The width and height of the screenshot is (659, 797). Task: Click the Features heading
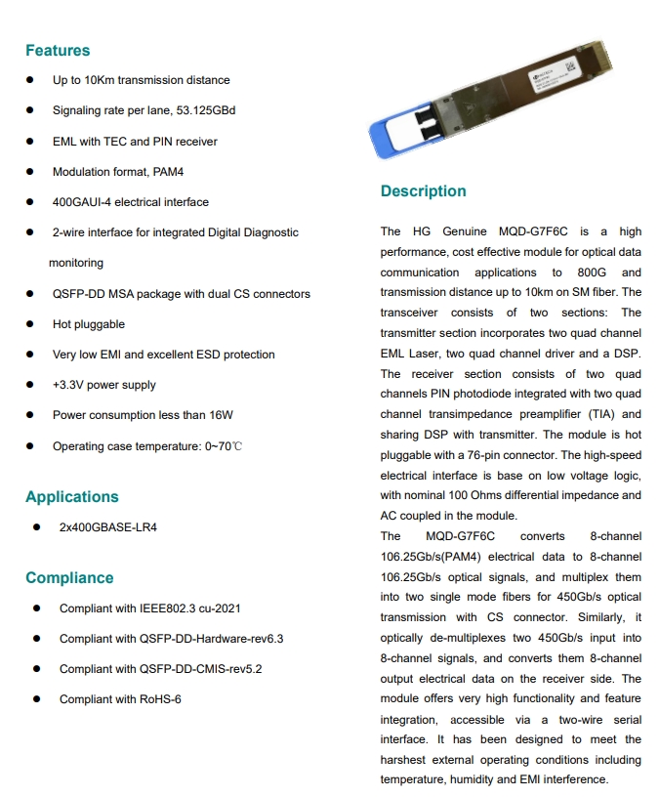point(58,51)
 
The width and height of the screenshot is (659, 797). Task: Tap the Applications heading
point(72,496)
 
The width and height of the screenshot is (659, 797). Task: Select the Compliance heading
point(69,577)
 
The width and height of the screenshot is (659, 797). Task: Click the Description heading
point(423,191)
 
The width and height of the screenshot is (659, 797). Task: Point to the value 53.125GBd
point(207,110)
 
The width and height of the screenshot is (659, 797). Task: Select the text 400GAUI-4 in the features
point(83,202)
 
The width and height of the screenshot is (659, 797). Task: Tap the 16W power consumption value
point(222,415)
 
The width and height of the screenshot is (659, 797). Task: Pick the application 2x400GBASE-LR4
point(107,527)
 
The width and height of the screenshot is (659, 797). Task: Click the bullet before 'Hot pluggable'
point(31,324)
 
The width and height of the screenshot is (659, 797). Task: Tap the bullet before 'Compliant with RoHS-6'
point(36,699)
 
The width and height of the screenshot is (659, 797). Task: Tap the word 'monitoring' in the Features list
point(76,263)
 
